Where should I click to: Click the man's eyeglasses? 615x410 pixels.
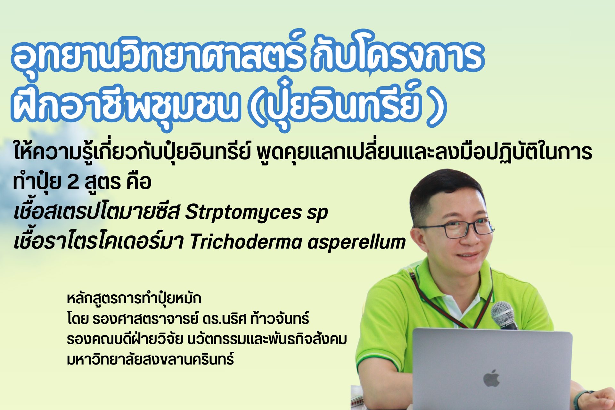tap(455, 228)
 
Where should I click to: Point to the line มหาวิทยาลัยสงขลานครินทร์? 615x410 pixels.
tap(150, 359)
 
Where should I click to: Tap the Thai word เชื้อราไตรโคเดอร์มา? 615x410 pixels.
tap(99, 242)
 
